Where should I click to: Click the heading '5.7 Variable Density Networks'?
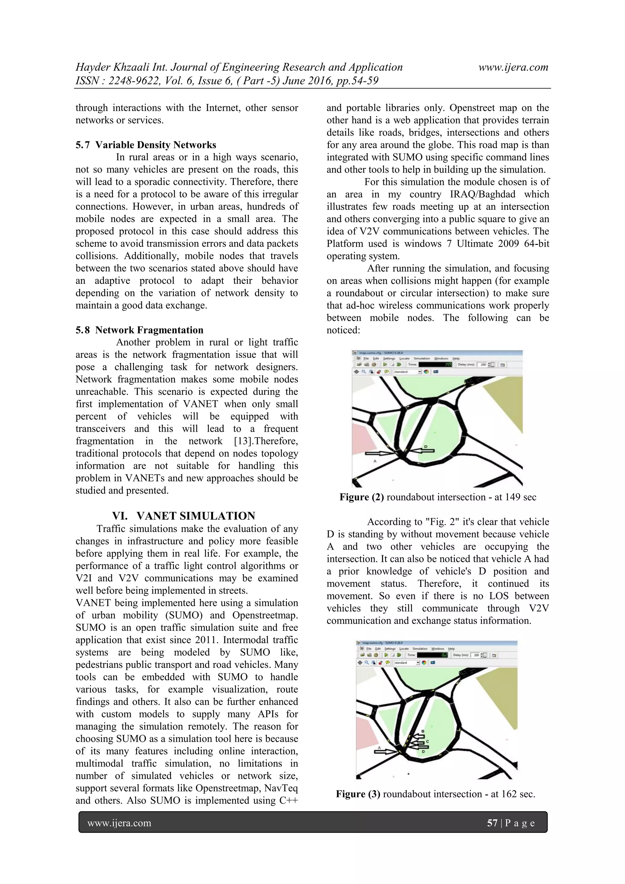tap(146, 145)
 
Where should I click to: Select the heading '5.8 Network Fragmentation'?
tap(139, 330)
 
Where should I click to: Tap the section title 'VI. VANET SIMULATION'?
tap(184, 516)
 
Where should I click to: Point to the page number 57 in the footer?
tap(492, 823)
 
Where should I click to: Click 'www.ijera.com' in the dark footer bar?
tap(119, 823)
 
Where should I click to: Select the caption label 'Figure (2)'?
tap(361, 497)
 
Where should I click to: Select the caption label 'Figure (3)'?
tap(358, 794)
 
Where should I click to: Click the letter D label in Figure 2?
tap(426, 447)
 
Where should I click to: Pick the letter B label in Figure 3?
tap(423, 731)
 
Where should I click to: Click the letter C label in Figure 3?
tap(427, 741)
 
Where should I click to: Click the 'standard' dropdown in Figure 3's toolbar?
tap(406, 663)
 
